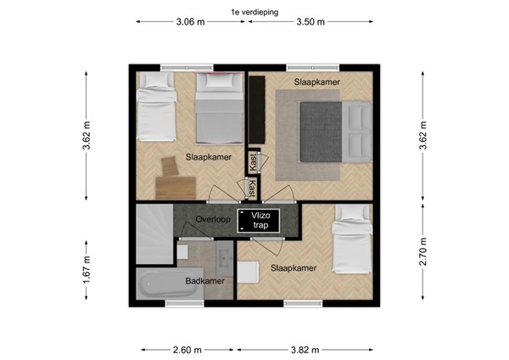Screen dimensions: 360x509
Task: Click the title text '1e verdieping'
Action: click(x=255, y=12)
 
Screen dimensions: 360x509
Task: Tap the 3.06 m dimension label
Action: click(x=190, y=23)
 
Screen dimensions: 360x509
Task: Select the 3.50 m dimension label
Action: click(x=311, y=23)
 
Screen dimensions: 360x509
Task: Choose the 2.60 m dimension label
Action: click(x=187, y=350)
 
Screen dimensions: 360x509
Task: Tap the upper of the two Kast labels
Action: click(x=253, y=161)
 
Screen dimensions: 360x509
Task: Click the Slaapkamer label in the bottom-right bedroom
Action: click(x=294, y=268)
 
